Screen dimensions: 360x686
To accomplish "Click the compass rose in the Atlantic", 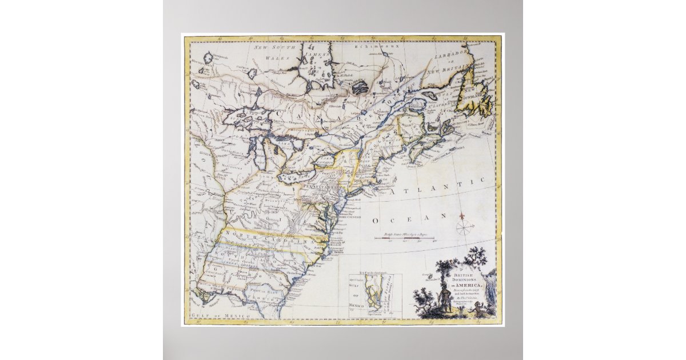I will [x=465, y=227].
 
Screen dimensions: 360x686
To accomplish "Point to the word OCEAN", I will [x=409, y=218].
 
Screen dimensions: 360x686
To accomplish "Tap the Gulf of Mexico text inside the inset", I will [x=358, y=295].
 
